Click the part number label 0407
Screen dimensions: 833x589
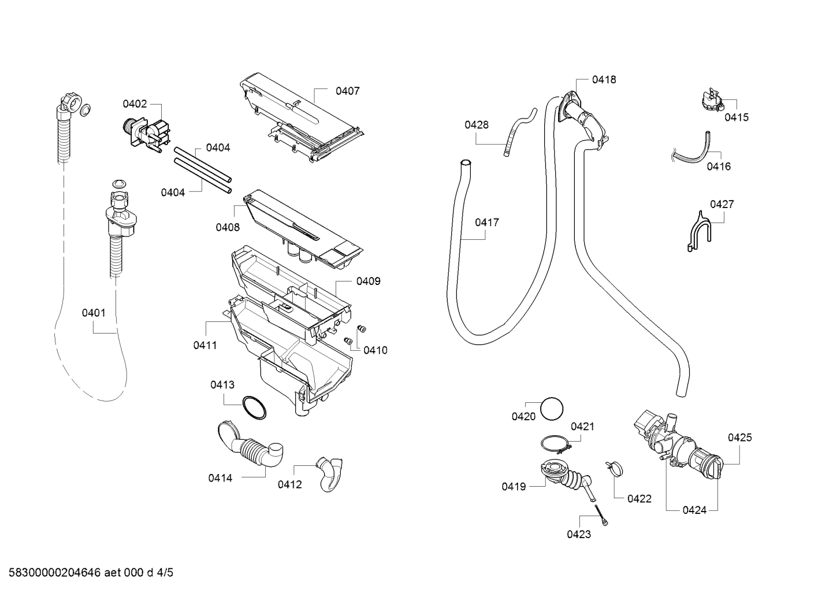347,91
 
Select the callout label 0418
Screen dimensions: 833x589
604,80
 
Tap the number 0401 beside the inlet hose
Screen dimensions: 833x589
94,313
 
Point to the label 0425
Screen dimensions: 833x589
739,438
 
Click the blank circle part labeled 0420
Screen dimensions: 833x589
552,409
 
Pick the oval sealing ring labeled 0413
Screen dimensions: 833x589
254,408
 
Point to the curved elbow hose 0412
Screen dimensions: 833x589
330,475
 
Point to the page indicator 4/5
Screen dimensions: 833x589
165,572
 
